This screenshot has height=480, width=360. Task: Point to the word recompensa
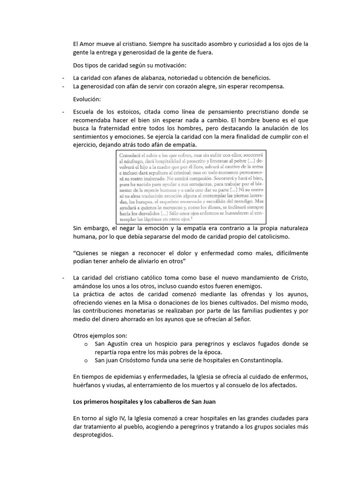tap(266, 86)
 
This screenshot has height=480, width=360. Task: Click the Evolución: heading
tap(87, 99)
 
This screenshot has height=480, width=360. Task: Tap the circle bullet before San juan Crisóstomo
tap(86, 360)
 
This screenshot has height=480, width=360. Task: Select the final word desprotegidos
tap(93, 435)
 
